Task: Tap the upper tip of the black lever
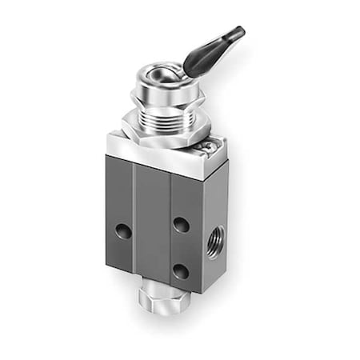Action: tap(238, 32)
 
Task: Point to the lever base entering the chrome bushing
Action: tap(189, 71)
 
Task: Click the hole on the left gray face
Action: tap(123, 230)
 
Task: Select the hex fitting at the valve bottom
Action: tap(152, 299)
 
